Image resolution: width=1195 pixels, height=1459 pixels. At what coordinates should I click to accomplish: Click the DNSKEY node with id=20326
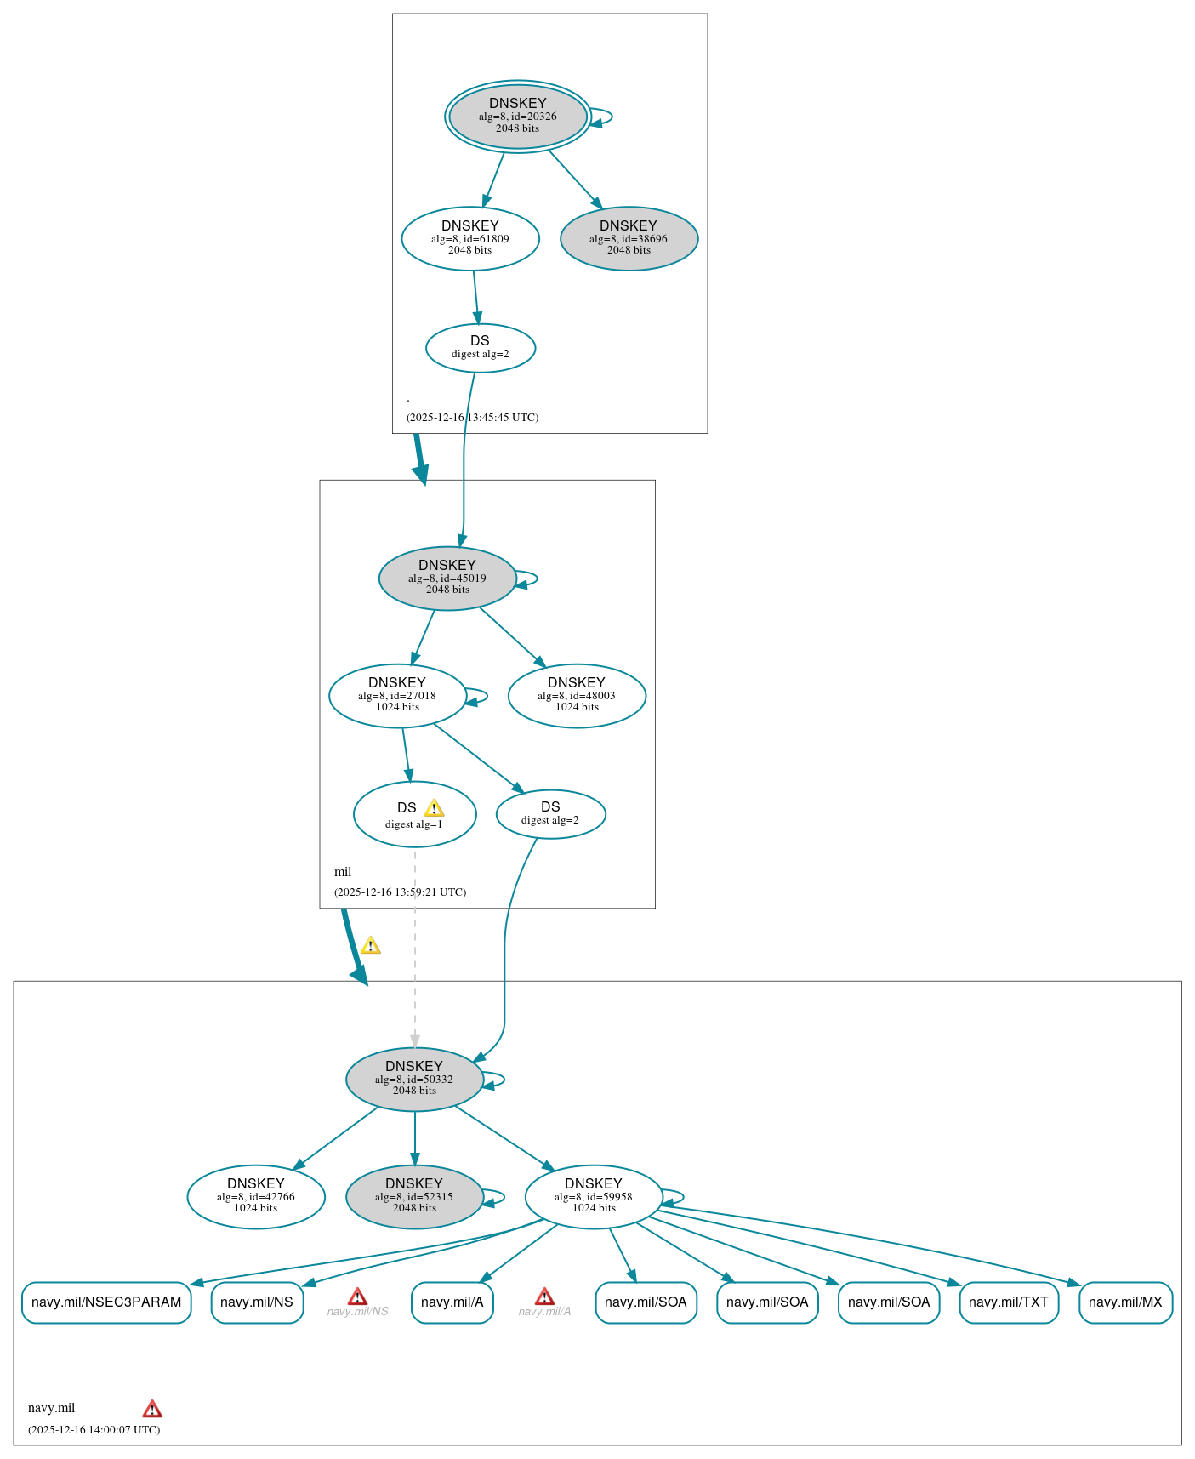click(517, 117)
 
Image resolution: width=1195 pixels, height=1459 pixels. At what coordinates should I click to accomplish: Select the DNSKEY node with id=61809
click(469, 239)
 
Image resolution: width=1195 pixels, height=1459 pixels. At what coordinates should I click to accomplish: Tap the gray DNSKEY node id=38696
click(629, 239)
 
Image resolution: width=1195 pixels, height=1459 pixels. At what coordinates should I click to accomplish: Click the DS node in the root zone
click(480, 348)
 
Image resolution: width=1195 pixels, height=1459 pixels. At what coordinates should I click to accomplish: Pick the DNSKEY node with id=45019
click(447, 578)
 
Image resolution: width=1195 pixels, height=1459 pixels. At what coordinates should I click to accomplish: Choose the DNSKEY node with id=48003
click(577, 696)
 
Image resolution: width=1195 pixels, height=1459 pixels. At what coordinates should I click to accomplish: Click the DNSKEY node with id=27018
click(397, 696)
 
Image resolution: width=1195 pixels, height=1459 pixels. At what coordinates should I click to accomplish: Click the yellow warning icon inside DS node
click(434, 808)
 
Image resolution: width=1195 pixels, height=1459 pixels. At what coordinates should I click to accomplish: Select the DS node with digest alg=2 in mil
click(550, 814)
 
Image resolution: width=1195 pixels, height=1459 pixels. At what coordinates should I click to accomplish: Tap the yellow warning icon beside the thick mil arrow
click(370, 946)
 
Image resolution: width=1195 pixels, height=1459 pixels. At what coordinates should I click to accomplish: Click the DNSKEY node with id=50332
click(414, 1080)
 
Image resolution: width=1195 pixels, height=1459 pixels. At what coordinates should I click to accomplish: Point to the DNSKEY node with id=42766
click(256, 1197)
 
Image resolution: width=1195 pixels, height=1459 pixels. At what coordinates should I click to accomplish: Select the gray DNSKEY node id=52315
click(414, 1197)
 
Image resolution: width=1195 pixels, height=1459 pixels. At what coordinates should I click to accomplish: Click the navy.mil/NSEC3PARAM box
click(106, 1302)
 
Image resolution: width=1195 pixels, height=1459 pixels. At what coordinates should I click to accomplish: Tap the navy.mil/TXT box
click(1009, 1302)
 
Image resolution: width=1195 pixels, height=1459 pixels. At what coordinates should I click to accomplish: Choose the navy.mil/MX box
click(1125, 1302)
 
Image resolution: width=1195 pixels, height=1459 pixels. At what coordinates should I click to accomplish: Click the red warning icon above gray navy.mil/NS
click(357, 1297)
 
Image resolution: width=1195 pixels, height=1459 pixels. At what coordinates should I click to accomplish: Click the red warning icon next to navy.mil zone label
click(152, 1409)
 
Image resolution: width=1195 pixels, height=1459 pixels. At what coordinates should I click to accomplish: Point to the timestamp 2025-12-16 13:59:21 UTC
click(400, 892)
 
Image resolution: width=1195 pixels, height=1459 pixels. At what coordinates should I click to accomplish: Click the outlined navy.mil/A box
click(452, 1302)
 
